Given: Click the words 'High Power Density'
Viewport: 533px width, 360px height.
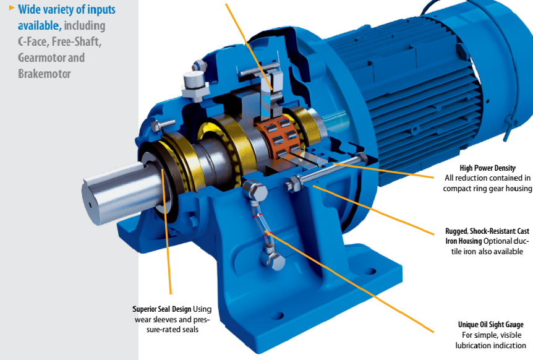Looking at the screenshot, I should [487, 168].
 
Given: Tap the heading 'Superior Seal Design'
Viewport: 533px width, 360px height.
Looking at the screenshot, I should [163, 309].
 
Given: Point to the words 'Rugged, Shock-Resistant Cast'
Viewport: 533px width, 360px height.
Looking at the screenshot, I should [487, 231].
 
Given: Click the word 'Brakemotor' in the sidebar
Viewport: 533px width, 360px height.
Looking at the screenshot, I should [45, 74].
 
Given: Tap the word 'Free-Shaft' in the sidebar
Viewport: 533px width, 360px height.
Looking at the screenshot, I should [80, 41].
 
